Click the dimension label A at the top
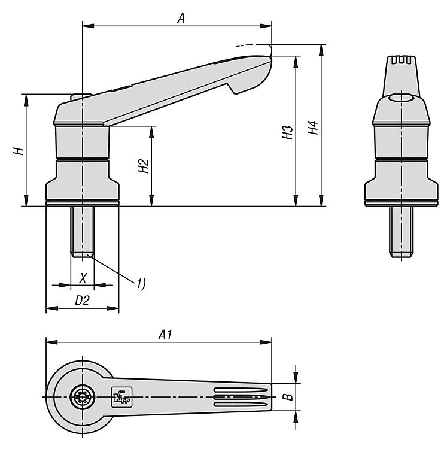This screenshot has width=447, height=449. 181,19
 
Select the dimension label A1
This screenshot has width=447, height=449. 165,335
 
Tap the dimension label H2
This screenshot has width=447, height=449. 144,166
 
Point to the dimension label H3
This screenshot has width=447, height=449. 288,132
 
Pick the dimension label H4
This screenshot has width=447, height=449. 313,128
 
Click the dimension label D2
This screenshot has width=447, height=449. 82,301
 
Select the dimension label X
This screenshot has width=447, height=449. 83,278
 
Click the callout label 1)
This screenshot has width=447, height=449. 141,283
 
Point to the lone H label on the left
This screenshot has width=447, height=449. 18,151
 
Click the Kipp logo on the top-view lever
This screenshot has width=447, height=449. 121,397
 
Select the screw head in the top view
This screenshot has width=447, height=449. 83,397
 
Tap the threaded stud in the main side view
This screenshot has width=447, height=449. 83,231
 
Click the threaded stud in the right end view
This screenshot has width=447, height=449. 401,231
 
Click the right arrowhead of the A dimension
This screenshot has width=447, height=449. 266,26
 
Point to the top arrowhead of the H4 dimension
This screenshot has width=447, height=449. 322,50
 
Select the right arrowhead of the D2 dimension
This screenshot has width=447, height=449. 113,308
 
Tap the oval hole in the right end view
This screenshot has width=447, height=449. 401,99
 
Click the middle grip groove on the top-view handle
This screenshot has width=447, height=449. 241,397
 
